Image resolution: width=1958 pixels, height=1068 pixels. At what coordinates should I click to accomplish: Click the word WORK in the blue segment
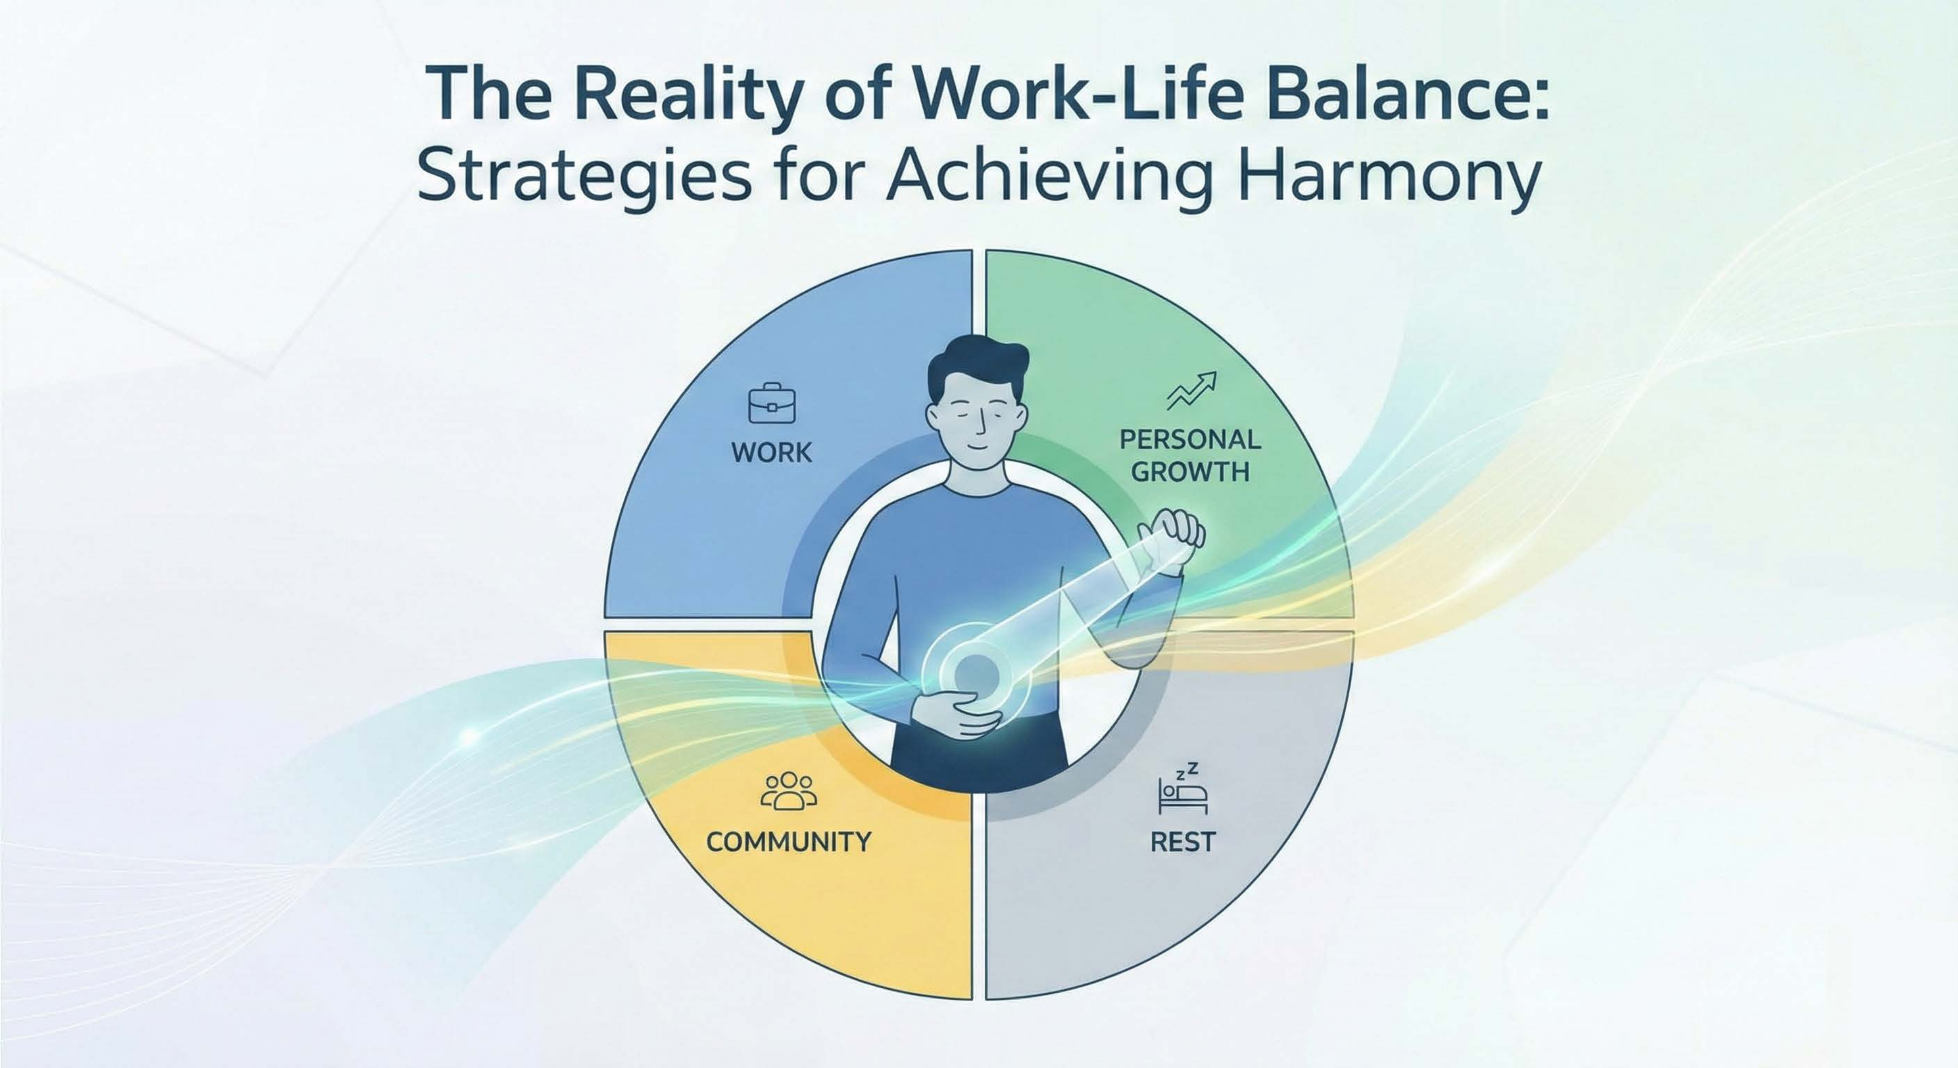(x=771, y=452)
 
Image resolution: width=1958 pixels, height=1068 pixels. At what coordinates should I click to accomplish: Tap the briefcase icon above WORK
(x=771, y=403)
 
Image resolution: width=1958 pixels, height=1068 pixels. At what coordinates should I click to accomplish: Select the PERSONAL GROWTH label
(x=1190, y=455)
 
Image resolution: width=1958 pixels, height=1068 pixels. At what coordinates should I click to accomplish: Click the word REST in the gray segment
(x=1183, y=842)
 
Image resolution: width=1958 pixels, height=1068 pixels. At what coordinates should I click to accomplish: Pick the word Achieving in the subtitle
(x=1048, y=179)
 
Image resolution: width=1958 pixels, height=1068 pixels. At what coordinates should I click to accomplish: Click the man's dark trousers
(x=981, y=753)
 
